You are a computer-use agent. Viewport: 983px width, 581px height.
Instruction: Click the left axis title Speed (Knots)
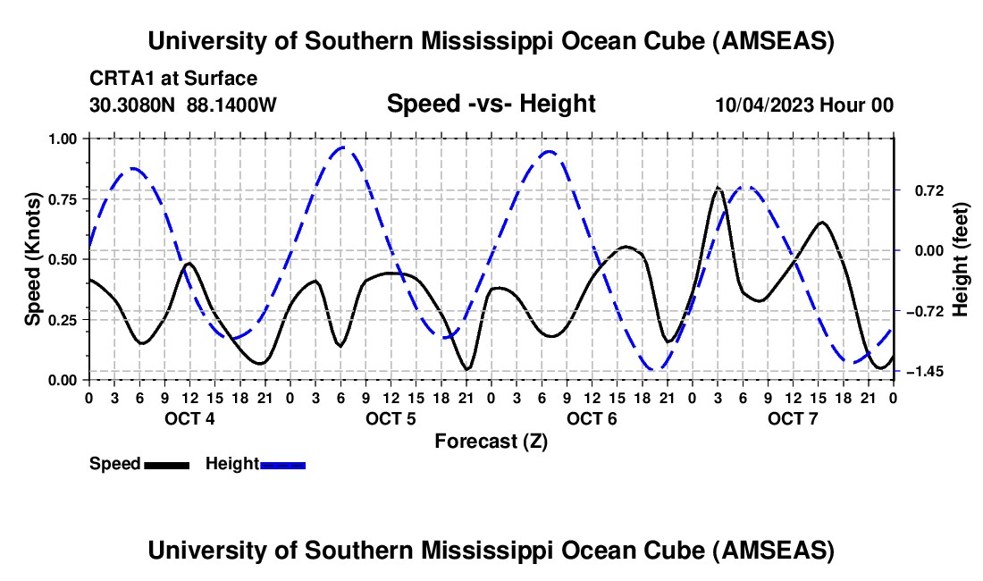33,259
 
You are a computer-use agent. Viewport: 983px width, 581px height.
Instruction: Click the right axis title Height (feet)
961,259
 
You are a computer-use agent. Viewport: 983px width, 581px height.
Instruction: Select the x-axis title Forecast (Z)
491,441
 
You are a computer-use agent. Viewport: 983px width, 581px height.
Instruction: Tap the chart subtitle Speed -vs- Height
491,105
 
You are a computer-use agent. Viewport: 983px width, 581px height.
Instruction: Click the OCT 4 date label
189,418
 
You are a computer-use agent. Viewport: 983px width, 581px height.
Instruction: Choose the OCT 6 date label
592,418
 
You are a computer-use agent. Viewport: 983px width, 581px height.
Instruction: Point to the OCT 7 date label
793,418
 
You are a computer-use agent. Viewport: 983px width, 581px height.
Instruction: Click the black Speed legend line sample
166,464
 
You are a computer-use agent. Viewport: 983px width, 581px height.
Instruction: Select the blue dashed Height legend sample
282,464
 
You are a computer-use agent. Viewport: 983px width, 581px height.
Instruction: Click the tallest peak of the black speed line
718,188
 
